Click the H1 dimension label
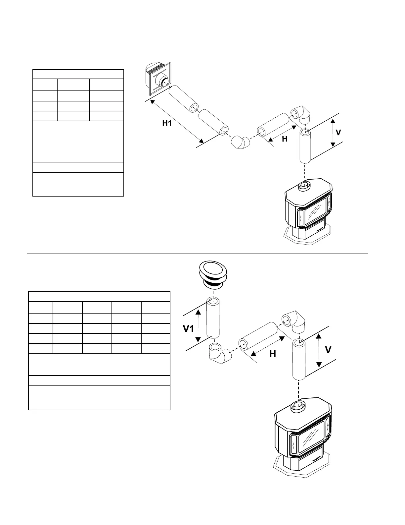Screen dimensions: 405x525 [167, 124]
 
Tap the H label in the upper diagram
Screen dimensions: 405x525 [285, 139]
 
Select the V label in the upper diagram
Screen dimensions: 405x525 [338, 133]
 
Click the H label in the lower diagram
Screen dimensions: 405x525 [273, 354]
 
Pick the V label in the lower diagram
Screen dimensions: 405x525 [328, 350]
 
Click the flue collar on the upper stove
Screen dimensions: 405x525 [303, 186]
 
